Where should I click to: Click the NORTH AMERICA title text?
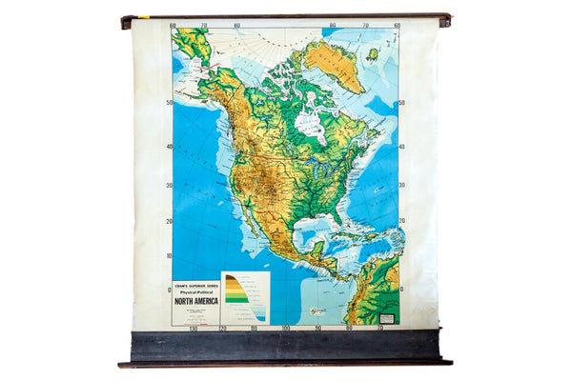pyautogui.click(x=195, y=300)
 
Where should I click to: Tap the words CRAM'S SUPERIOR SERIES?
pyautogui.click(x=195, y=285)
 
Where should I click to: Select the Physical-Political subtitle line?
pyautogui.click(x=195, y=291)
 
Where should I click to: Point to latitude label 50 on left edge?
pyautogui.click(x=168, y=104)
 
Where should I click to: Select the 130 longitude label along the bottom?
pyautogui.click(x=194, y=330)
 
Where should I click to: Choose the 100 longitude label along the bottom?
pyautogui.click(x=285, y=330)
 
